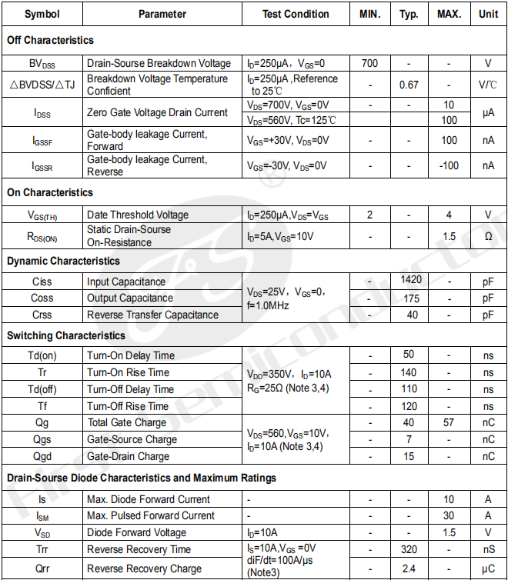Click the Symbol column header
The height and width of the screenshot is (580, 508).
42,14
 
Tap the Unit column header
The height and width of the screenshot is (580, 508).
488,14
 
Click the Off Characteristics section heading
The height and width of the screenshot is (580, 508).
50,40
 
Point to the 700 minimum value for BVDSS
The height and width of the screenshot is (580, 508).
369,64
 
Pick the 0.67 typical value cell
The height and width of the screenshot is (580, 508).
409,85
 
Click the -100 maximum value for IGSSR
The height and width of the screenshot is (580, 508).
449,165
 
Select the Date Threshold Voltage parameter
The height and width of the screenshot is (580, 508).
138,215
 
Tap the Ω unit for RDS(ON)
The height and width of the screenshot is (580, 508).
488,236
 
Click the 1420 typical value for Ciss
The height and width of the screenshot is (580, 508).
411,281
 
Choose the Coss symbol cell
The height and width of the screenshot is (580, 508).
42,298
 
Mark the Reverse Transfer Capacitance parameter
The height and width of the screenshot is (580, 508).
152,315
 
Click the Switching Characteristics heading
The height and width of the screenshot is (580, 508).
66,335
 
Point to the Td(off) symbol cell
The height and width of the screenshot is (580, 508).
42,389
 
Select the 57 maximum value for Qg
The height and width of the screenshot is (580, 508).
449,422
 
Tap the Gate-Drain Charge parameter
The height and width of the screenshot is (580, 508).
128,456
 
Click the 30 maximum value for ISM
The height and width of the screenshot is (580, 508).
449,515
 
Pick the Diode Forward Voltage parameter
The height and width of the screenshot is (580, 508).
136,532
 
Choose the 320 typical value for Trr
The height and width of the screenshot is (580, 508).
409,549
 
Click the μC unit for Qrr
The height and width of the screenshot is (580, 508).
488,568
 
